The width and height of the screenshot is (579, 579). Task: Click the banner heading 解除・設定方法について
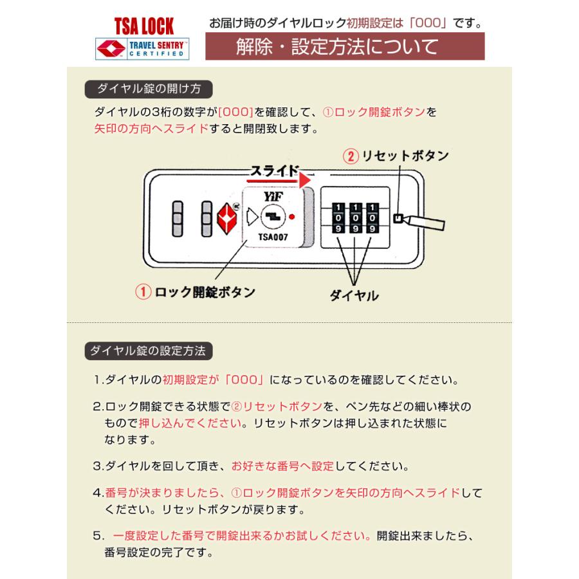(337, 47)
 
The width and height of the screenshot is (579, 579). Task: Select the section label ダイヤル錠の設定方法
(149, 351)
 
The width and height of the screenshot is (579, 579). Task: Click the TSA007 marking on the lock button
(273, 237)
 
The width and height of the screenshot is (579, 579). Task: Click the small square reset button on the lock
(398, 218)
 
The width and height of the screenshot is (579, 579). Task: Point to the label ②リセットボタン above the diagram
(395, 156)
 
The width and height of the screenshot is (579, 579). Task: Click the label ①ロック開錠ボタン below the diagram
(195, 291)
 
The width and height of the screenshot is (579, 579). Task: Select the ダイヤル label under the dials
(354, 295)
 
